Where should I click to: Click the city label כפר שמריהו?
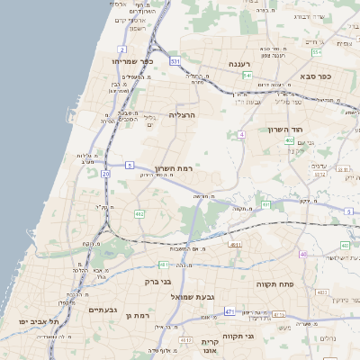pos(133,61)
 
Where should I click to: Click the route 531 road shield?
pos(175,61)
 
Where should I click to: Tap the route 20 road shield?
pos(105,174)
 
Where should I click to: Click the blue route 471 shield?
pos(229,311)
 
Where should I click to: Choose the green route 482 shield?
pos(139,214)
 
